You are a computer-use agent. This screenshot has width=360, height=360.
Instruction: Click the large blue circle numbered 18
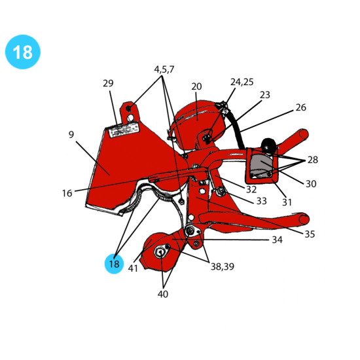tap(23, 52)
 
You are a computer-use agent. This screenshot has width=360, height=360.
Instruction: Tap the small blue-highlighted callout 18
tap(114, 264)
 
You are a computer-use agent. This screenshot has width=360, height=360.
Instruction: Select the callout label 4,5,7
tap(164, 69)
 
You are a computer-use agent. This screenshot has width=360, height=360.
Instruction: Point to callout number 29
tap(108, 83)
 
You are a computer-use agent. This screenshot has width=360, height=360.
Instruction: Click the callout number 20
tap(196, 86)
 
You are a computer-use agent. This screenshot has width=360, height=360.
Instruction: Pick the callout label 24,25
tap(242, 82)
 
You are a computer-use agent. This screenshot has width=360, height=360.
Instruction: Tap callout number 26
tap(301, 107)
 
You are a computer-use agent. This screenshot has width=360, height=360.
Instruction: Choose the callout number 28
tap(313, 160)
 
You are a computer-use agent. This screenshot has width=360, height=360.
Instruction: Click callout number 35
tap(310, 234)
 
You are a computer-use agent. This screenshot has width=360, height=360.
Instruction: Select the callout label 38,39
tap(223, 266)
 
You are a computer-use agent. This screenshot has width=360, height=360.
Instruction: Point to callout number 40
tap(163, 294)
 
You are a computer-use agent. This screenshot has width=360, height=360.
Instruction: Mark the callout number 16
tap(67, 193)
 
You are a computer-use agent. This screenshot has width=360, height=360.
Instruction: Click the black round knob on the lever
tap(269, 145)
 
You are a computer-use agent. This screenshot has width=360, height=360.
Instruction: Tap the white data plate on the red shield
tap(124, 130)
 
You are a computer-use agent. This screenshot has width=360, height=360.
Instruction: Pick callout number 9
tap(71, 135)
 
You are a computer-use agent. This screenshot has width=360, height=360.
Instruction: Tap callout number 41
tap(133, 268)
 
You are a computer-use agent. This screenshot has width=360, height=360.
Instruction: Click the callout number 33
tap(262, 201)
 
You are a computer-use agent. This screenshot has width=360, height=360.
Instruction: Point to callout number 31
tap(287, 202)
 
